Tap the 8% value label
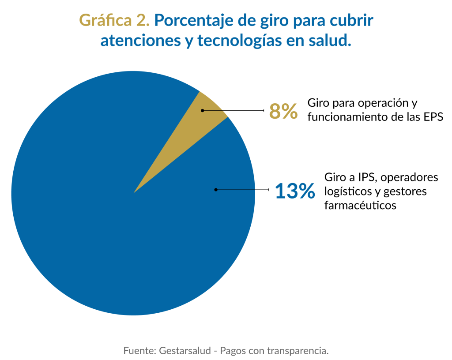(283, 111)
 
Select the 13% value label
(295, 191)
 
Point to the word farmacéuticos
(360, 205)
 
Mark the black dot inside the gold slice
(202, 110)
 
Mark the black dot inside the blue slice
(216, 190)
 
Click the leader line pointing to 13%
(243, 190)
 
